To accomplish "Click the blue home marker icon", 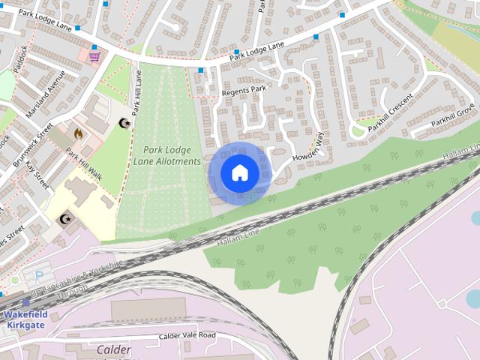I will coord(239,172).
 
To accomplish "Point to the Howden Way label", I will coord(307,148).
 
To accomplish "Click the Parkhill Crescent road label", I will coord(390,112).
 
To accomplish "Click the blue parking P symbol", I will coord(28,277).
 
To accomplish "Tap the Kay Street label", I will coord(36,173).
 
